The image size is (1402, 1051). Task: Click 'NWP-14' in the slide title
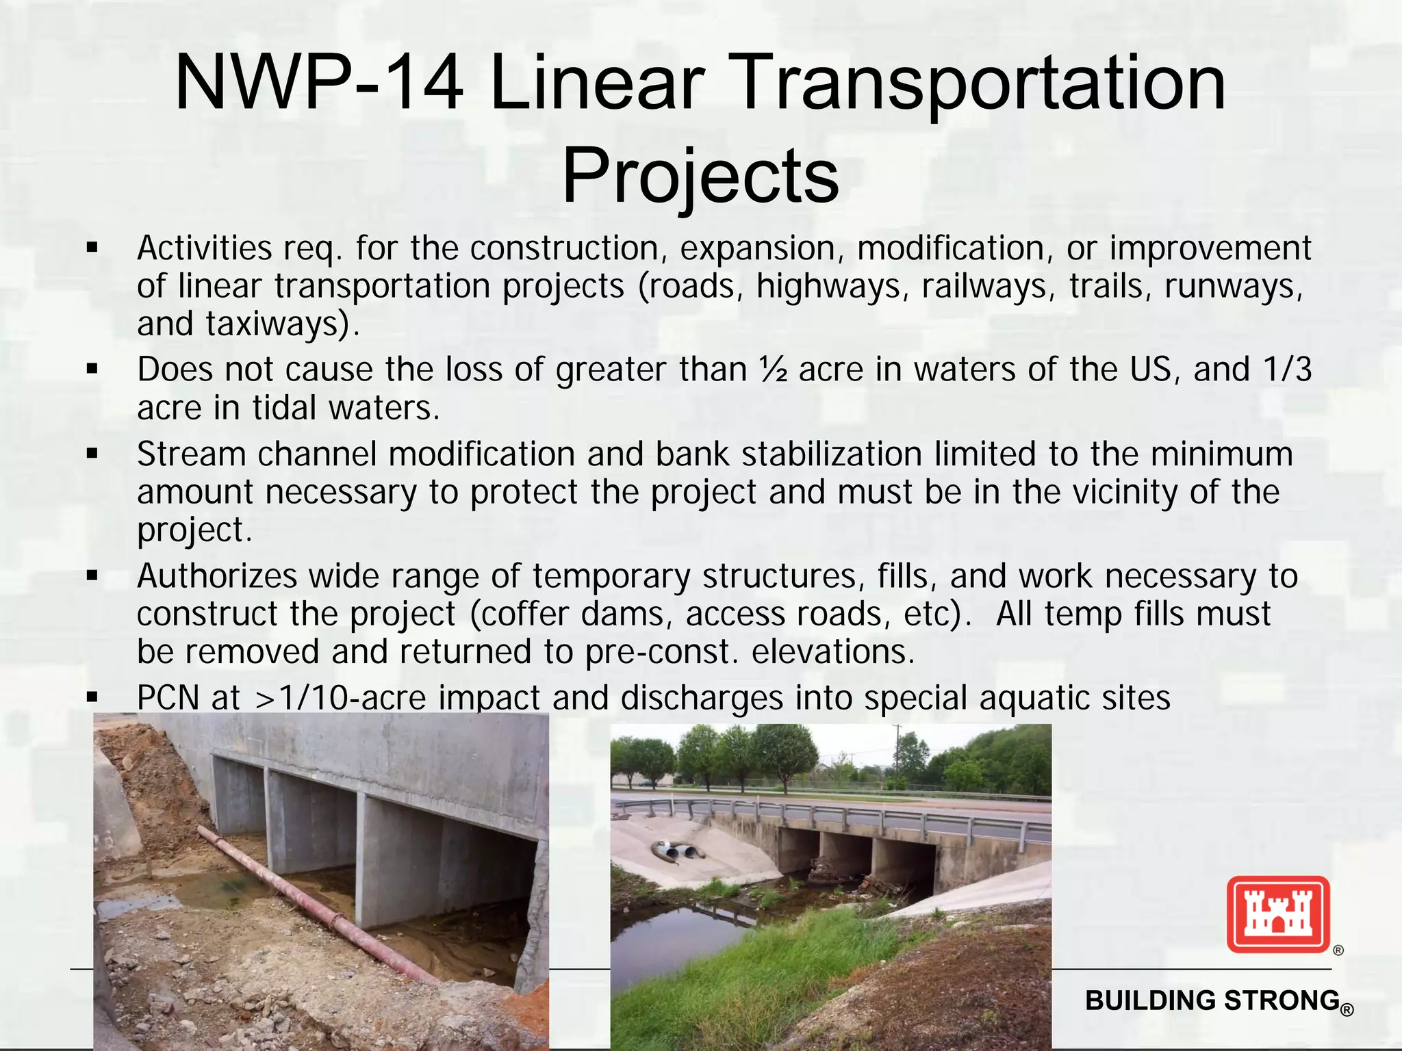coord(319,83)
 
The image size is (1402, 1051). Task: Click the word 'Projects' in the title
coord(700,176)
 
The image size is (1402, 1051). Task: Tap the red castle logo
coord(1277,914)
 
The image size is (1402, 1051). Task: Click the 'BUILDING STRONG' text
coord(1212,1000)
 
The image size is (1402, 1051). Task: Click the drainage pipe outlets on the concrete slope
coord(678,851)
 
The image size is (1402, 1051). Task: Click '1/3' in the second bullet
coord(1288,370)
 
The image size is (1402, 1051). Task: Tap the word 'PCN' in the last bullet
coord(168,698)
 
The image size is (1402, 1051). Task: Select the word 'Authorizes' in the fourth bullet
coord(217,576)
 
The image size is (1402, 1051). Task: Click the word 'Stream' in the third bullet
coord(192,454)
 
